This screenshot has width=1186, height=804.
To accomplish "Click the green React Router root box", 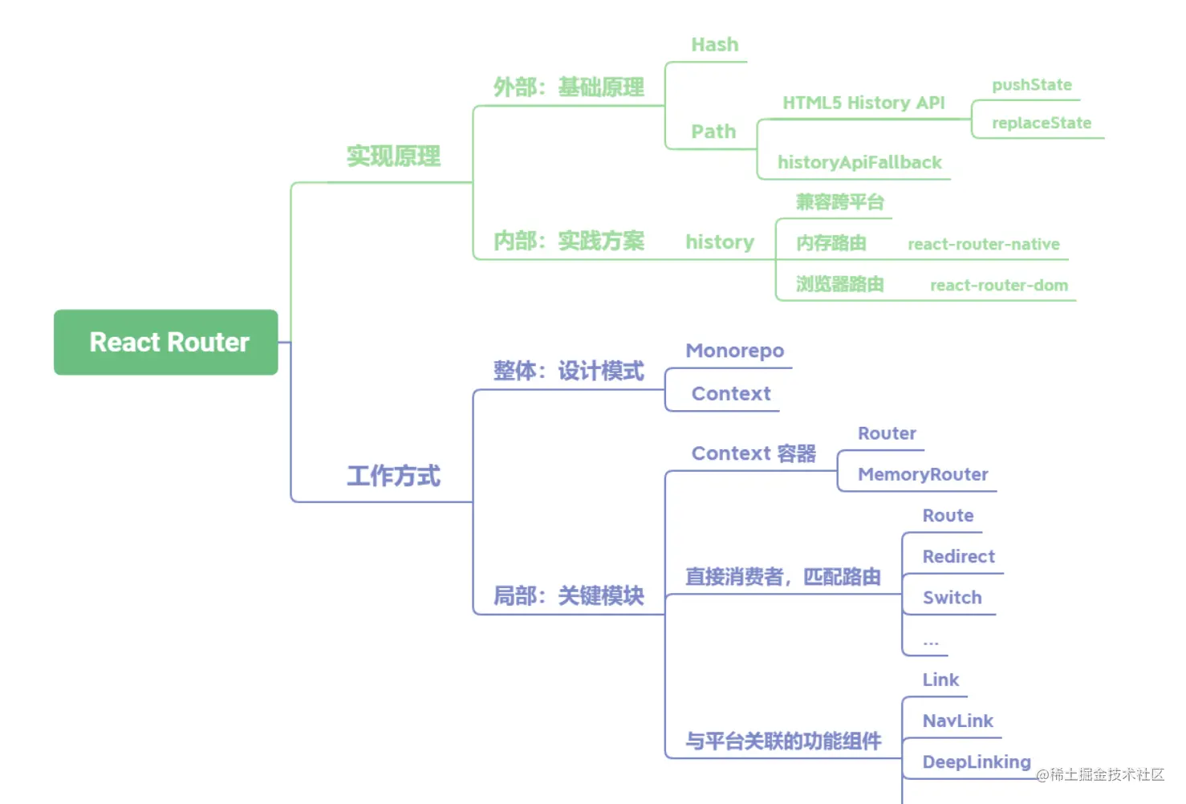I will (x=166, y=343).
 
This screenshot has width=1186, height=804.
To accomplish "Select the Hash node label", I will (x=714, y=45).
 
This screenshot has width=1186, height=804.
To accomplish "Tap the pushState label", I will (x=1031, y=85).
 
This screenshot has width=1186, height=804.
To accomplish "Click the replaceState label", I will (x=1041, y=123).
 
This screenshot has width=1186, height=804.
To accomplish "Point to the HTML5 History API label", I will (x=863, y=103).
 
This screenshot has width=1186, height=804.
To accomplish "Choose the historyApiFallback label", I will (x=859, y=163).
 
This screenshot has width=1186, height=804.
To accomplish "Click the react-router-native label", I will (x=983, y=244).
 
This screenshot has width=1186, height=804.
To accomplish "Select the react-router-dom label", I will (x=998, y=285).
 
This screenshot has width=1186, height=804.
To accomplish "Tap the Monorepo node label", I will (x=734, y=351).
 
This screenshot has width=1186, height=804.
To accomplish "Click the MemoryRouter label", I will (x=923, y=474).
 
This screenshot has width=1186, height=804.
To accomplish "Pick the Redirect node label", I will (x=958, y=556).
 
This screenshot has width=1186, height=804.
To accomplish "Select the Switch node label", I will (x=952, y=597).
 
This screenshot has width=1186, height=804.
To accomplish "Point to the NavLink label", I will (x=957, y=721).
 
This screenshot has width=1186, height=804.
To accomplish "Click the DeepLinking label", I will (x=976, y=761).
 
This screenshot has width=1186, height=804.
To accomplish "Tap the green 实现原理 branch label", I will (x=393, y=156).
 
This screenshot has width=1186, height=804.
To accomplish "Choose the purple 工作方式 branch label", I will (x=393, y=476).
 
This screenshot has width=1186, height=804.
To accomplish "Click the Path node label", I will (x=713, y=132).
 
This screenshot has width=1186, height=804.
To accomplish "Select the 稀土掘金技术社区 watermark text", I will (x=1106, y=774).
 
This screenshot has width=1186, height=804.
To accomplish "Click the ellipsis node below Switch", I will (x=930, y=642).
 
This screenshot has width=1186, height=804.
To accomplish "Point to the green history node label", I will (x=719, y=242).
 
